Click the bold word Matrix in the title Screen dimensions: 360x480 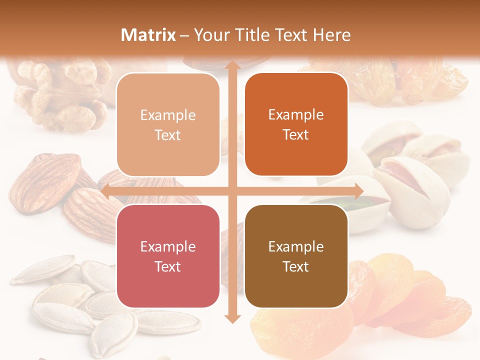coord(148,35)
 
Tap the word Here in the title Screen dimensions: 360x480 coord(331,35)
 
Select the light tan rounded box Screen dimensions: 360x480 coord(168,124)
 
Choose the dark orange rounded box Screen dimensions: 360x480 coord(296,124)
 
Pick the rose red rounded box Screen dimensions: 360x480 coord(168,256)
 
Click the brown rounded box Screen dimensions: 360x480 coord(296,256)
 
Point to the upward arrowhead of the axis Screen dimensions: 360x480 coord(232,65)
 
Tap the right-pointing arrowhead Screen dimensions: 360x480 coord(358,190)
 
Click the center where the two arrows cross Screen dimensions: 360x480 coord(232,190)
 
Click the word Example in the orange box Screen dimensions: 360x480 coord(296,115)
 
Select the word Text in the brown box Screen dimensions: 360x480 coord(296,266)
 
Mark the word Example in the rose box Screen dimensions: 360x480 coord(168,246)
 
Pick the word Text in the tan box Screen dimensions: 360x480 coord(168,135)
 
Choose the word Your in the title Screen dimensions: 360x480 coord(210,35)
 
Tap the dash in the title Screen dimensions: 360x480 coord(184,35)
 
